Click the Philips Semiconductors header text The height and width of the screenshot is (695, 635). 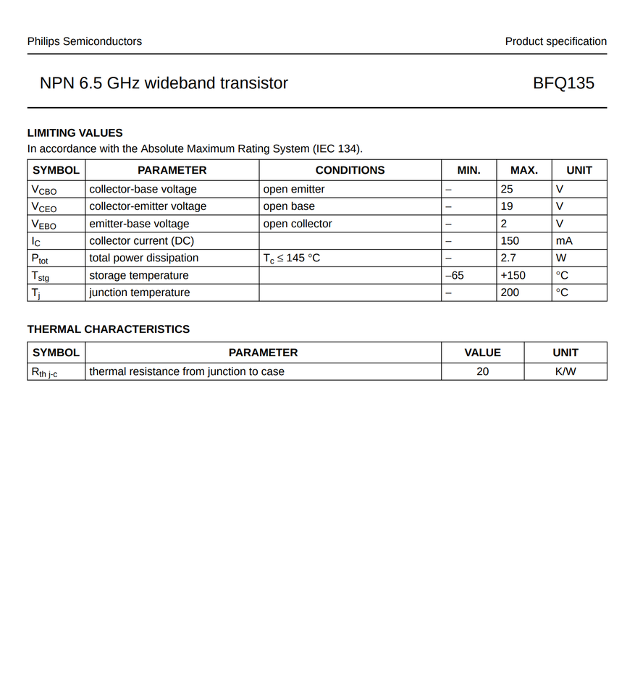tap(85, 41)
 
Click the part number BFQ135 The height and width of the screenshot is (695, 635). tap(563, 83)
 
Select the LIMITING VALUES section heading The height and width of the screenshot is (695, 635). tap(75, 133)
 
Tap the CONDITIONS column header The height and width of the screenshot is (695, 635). tap(350, 170)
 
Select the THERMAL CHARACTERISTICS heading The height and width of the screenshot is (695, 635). tap(109, 329)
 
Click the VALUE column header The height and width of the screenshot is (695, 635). tap(482, 353)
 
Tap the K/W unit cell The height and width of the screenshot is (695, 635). tap(565, 371)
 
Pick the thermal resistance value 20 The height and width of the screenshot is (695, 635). tap(482, 371)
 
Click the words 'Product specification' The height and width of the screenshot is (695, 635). tap(556, 41)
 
